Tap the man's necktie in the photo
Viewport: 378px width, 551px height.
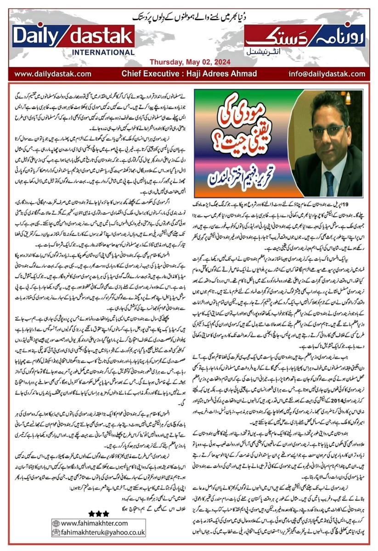(329, 180)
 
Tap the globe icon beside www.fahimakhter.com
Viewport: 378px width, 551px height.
(56, 523)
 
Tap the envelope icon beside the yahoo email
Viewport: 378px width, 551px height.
(56, 533)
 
